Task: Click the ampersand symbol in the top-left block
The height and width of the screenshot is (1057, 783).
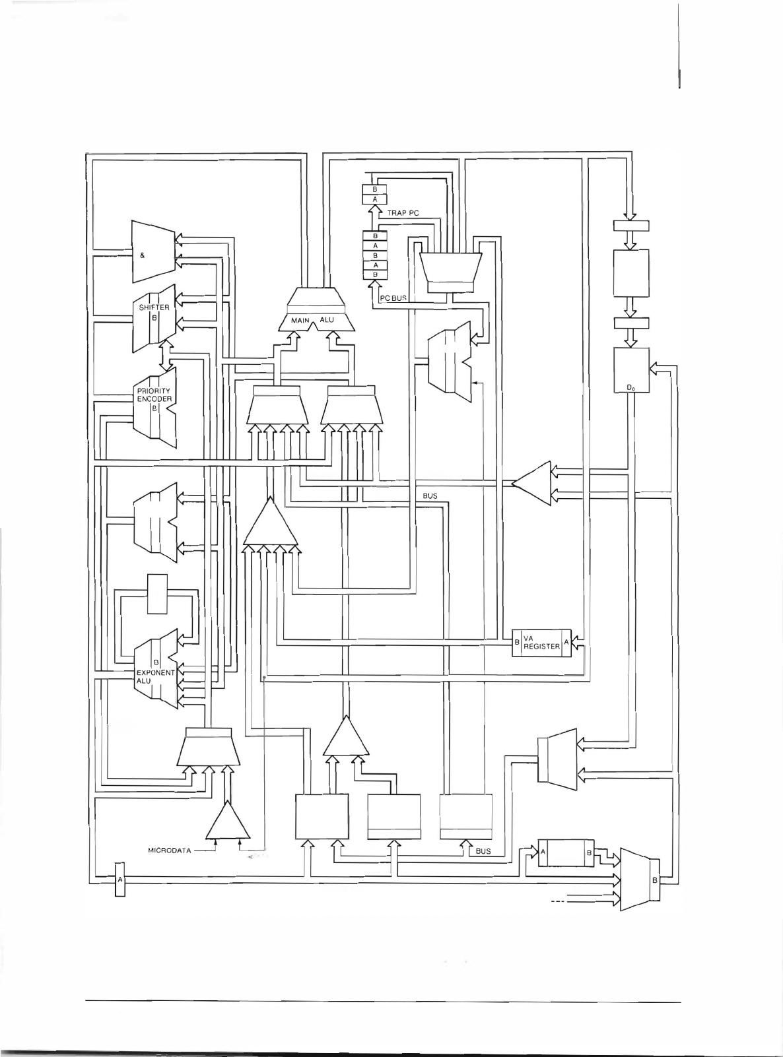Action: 143,255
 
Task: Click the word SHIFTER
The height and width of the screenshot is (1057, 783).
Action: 153,307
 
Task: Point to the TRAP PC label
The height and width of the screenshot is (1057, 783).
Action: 403,213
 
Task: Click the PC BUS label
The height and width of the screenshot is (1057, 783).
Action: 393,298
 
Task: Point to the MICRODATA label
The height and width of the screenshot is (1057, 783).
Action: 170,850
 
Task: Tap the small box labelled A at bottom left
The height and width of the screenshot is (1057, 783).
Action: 119,880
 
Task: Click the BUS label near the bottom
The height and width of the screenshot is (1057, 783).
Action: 483,851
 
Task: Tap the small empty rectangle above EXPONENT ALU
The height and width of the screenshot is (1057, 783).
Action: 158,594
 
